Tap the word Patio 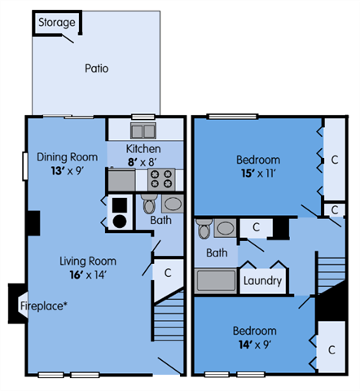pos(96,68)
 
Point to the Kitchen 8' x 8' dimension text pos(143,162)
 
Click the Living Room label pos(88,261)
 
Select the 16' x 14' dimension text pos(88,275)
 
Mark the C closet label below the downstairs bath pos(167,273)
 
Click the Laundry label pos(262,281)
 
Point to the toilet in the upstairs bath pos(204,230)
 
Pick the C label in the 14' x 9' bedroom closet pos(331,349)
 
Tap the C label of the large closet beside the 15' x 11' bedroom pos(334,160)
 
